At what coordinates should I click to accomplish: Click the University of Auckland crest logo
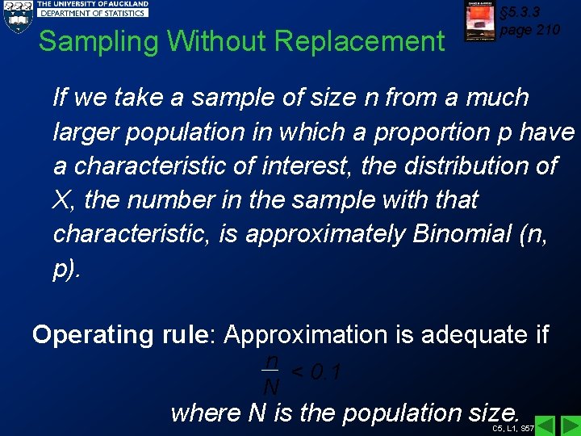(x=17, y=16)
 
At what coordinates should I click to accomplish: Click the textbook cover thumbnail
(x=479, y=21)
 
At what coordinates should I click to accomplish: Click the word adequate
(x=478, y=334)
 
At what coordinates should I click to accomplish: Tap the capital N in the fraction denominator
(x=272, y=388)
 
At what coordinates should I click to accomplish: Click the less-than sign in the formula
(x=298, y=373)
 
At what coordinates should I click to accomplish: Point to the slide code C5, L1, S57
(x=513, y=429)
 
